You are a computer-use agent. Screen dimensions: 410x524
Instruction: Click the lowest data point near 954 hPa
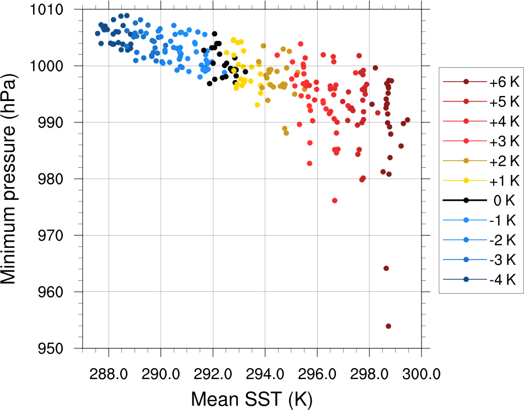[388, 326]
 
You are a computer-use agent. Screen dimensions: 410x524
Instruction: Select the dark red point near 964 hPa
[386, 268]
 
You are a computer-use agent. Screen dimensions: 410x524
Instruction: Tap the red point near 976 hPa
[335, 200]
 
